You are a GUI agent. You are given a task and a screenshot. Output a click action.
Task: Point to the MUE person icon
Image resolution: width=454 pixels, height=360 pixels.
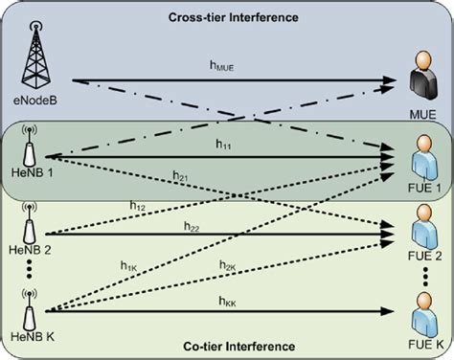[x=419, y=79]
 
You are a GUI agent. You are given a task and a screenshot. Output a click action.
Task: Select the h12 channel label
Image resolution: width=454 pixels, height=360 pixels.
[x=136, y=204]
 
